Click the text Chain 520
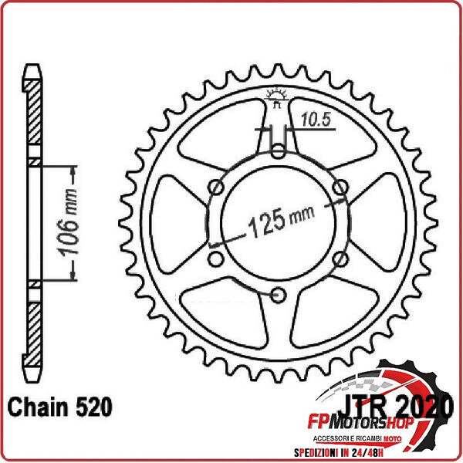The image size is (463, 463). [x=60, y=406]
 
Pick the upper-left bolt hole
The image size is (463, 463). [x=217, y=187]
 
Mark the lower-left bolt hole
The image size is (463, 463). [x=217, y=258]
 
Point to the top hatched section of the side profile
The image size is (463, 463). [x=33, y=116]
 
